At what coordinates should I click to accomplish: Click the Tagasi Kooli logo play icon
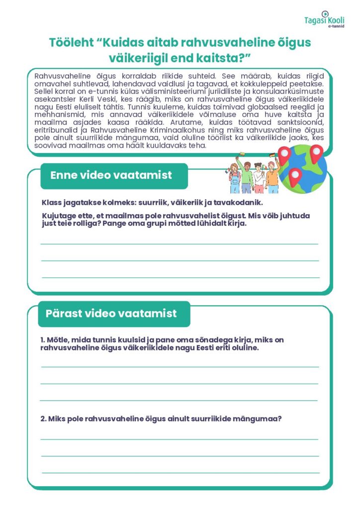[325, 13]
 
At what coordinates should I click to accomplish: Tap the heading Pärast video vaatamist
[111, 314]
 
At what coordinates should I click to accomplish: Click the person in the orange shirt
[272, 176]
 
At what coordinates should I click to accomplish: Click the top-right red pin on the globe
[316, 154]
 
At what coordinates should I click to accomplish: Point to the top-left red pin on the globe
[284, 156]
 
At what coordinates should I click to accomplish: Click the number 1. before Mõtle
[43, 340]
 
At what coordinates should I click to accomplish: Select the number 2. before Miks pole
[44, 419]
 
